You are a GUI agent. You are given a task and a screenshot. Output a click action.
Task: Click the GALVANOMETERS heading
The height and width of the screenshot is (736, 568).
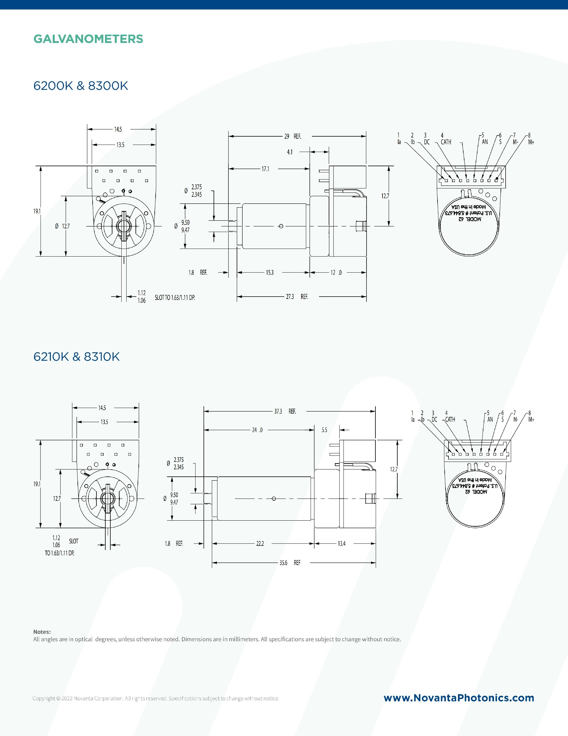click(88, 39)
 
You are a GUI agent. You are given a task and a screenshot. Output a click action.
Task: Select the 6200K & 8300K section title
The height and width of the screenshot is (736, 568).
click(80, 86)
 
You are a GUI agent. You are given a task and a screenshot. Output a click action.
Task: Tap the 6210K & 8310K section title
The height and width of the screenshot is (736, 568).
click(76, 356)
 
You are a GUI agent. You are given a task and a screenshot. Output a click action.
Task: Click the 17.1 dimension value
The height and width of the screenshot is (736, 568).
click(265, 169)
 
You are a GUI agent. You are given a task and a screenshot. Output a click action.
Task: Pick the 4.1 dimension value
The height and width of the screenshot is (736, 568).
click(290, 152)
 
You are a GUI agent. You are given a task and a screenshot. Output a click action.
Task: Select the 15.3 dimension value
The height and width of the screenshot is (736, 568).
click(270, 272)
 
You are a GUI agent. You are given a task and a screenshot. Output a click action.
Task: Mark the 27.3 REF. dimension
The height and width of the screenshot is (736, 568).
click(297, 297)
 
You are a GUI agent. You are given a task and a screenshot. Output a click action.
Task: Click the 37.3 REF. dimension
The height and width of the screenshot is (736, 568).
click(285, 411)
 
